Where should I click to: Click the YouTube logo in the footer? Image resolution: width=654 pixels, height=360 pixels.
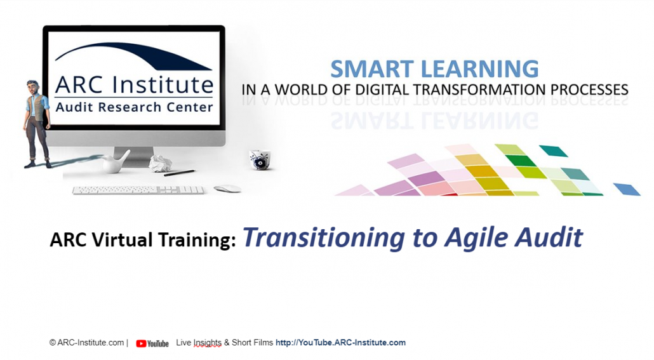pyautogui.click(x=152, y=343)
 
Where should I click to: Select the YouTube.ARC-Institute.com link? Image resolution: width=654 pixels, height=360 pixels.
pyautogui.click(x=340, y=342)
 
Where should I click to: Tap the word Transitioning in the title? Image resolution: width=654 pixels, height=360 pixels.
pyautogui.click(x=324, y=237)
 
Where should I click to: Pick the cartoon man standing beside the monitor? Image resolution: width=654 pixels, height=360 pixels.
pyautogui.click(x=37, y=124)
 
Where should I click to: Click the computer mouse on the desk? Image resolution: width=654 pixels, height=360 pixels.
pyautogui.click(x=227, y=189)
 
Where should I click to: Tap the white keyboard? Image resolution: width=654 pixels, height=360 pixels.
pyautogui.click(x=138, y=190)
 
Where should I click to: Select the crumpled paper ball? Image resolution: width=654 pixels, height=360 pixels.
pyautogui.click(x=160, y=163)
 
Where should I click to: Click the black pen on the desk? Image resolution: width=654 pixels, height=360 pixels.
pyautogui.click(x=179, y=173)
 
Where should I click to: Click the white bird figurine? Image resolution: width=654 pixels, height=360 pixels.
pyautogui.click(x=116, y=161)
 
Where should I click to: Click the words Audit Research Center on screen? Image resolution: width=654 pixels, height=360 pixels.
pyautogui.click(x=135, y=107)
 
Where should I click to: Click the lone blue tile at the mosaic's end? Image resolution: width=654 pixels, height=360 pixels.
pyautogui.click(x=627, y=189)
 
